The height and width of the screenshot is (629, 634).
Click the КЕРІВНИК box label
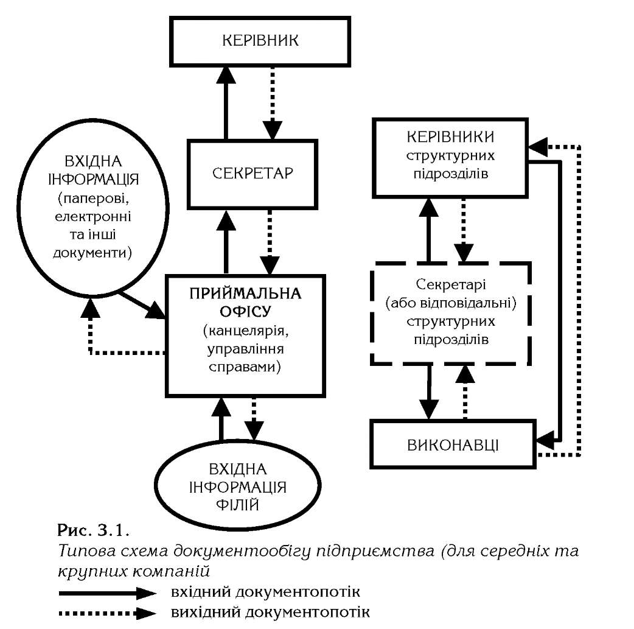260,40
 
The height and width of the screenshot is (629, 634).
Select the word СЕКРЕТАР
253,174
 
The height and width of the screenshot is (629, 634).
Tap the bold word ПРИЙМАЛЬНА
245,293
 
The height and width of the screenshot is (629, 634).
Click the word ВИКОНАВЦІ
453,445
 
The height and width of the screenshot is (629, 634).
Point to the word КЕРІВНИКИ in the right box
450,137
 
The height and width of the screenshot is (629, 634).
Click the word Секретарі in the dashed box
451,284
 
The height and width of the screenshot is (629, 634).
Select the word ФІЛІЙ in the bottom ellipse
237,505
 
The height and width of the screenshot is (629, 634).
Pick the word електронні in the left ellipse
93,216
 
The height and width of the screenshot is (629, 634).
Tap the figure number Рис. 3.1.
94,530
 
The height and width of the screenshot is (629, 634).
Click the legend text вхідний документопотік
265,592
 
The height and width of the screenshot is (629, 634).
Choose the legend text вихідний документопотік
270,611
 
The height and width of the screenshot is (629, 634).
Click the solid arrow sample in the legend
107,594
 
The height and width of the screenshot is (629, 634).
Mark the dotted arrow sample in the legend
107,613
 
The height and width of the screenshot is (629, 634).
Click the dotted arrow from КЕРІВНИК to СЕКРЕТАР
273,104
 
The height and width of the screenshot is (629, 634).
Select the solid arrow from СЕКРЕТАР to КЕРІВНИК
226,104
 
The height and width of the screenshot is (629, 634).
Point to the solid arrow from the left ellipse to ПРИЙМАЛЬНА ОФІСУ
142,306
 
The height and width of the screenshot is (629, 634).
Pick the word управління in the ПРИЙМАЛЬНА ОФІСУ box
245,349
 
